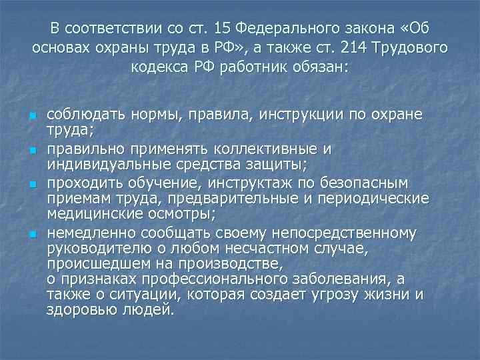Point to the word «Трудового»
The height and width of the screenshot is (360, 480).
412,49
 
